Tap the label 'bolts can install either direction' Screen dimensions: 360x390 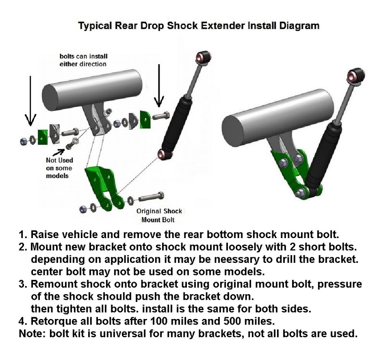[x=83, y=60]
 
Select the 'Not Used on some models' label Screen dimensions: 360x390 [x=59, y=168]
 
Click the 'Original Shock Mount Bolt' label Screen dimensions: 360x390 [x=159, y=215]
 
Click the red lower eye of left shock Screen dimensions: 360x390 [x=162, y=154]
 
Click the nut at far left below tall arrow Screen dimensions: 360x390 [x=24, y=141]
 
